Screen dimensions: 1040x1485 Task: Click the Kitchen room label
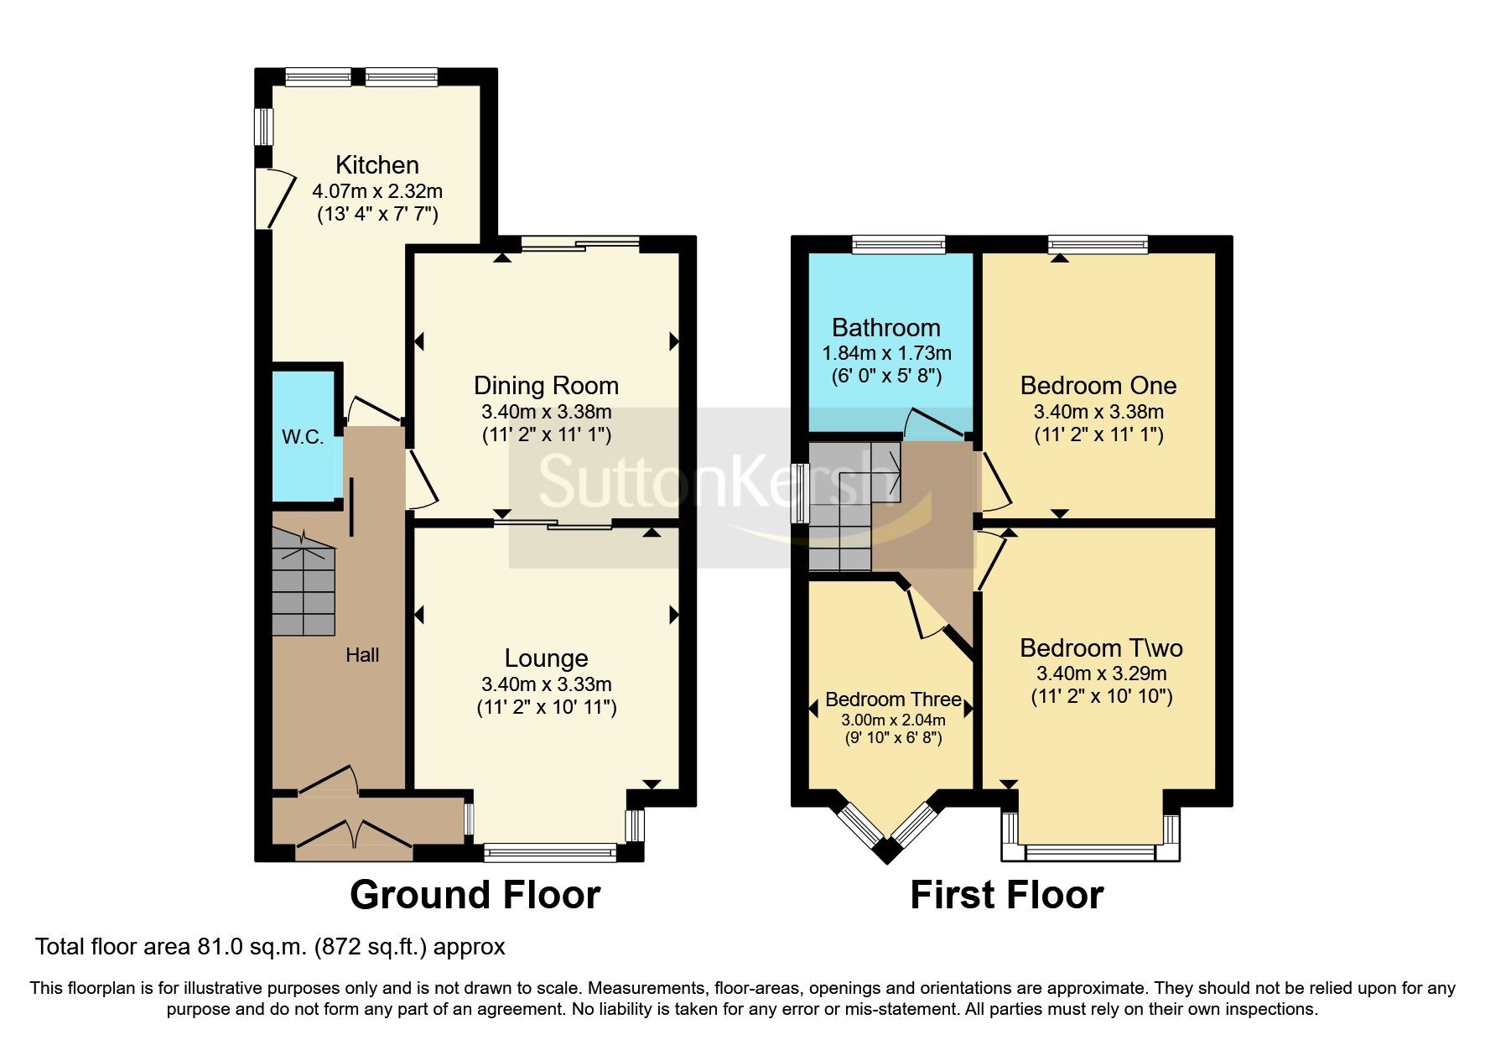(x=376, y=164)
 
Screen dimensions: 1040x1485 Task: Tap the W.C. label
(x=303, y=437)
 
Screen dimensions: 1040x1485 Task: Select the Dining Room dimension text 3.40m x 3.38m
(x=546, y=412)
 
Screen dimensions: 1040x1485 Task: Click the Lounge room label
(x=546, y=658)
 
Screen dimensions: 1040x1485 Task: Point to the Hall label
(x=362, y=655)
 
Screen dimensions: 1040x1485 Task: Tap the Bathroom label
(x=885, y=328)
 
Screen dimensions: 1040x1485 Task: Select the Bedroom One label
(x=1098, y=386)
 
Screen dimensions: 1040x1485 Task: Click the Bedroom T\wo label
(x=1101, y=648)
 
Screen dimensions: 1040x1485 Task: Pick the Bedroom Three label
(x=892, y=699)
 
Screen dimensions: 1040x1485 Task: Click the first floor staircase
(x=843, y=512)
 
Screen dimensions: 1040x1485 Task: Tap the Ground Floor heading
(x=475, y=895)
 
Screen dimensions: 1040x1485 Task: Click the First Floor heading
(x=1006, y=895)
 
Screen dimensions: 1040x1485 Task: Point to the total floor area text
(x=270, y=947)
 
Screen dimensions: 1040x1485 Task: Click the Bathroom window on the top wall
(x=899, y=244)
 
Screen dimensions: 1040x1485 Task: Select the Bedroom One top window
(x=1098, y=244)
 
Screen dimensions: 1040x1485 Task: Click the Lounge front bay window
(x=549, y=853)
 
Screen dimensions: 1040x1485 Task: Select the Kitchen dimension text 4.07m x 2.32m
(x=376, y=191)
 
